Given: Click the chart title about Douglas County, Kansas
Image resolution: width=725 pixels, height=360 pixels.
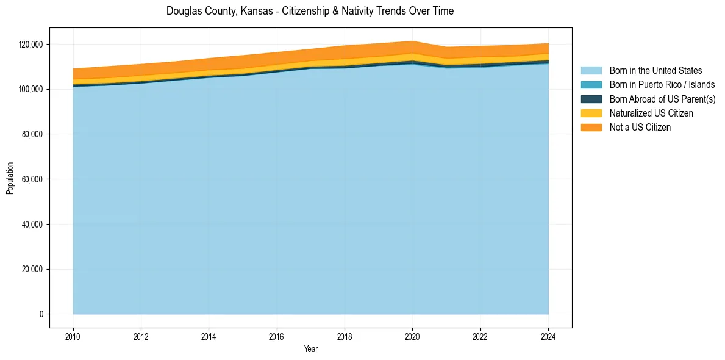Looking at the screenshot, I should point(310,11).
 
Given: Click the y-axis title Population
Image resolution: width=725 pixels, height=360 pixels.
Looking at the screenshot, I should point(10,178).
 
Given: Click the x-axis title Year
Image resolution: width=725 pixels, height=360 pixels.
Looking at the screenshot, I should point(310,349).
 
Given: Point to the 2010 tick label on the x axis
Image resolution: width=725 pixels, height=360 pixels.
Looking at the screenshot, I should point(73,336).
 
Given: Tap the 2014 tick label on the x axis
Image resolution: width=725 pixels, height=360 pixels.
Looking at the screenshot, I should point(209,336).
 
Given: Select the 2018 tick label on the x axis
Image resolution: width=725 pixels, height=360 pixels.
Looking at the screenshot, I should point(345,336).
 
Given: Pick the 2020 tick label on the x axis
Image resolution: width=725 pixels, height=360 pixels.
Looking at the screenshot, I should point(412,336).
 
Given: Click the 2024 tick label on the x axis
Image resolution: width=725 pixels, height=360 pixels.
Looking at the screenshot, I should point(548,336).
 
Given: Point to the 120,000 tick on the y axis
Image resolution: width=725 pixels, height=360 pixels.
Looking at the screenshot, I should point(30,45).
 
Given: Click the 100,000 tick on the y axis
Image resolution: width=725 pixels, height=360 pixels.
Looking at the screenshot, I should point(30,89).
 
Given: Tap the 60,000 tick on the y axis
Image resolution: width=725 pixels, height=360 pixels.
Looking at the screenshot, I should point(32,179).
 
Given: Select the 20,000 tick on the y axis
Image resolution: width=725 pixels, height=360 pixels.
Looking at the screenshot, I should point(32,269).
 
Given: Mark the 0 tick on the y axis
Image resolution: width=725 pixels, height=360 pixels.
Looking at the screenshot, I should point(41,314).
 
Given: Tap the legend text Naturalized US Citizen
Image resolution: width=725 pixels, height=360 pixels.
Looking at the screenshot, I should point(651,113).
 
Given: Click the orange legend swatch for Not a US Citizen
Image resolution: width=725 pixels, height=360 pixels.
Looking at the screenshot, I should point(591,127).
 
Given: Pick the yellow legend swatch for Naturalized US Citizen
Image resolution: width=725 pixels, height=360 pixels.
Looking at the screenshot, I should point(591,113).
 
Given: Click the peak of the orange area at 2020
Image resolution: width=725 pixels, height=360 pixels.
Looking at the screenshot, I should point(412,42).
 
